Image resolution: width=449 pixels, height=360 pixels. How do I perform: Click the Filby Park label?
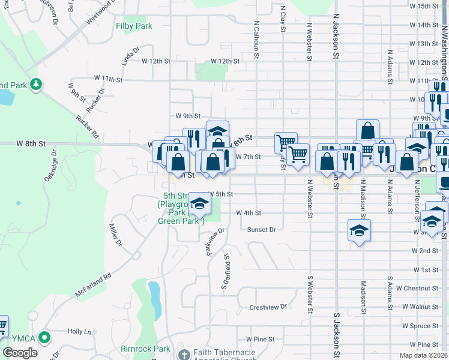pyautogui.click(x=134, y=26)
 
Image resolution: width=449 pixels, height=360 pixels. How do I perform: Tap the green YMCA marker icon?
pyautogui.click(x=43, y=338)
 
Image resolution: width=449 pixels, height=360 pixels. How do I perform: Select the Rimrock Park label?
pyautogui.click(x=145, y=349)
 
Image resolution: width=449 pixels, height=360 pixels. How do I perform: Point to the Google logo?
pyautogui.click(x=20, y=353)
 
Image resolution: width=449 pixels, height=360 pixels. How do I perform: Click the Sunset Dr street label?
pyautogui.click(x=261, y=229)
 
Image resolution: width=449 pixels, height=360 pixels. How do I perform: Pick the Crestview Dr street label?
pyautogui.click(x=268, y=307)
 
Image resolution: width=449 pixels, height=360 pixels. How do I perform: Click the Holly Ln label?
pyautogui.click(x=79, y=331)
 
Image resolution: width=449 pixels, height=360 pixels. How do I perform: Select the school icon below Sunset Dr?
pyautogui.click(x=359, y=230)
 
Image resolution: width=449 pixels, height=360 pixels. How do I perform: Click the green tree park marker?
pyautogui.click(x=37, y=84)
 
